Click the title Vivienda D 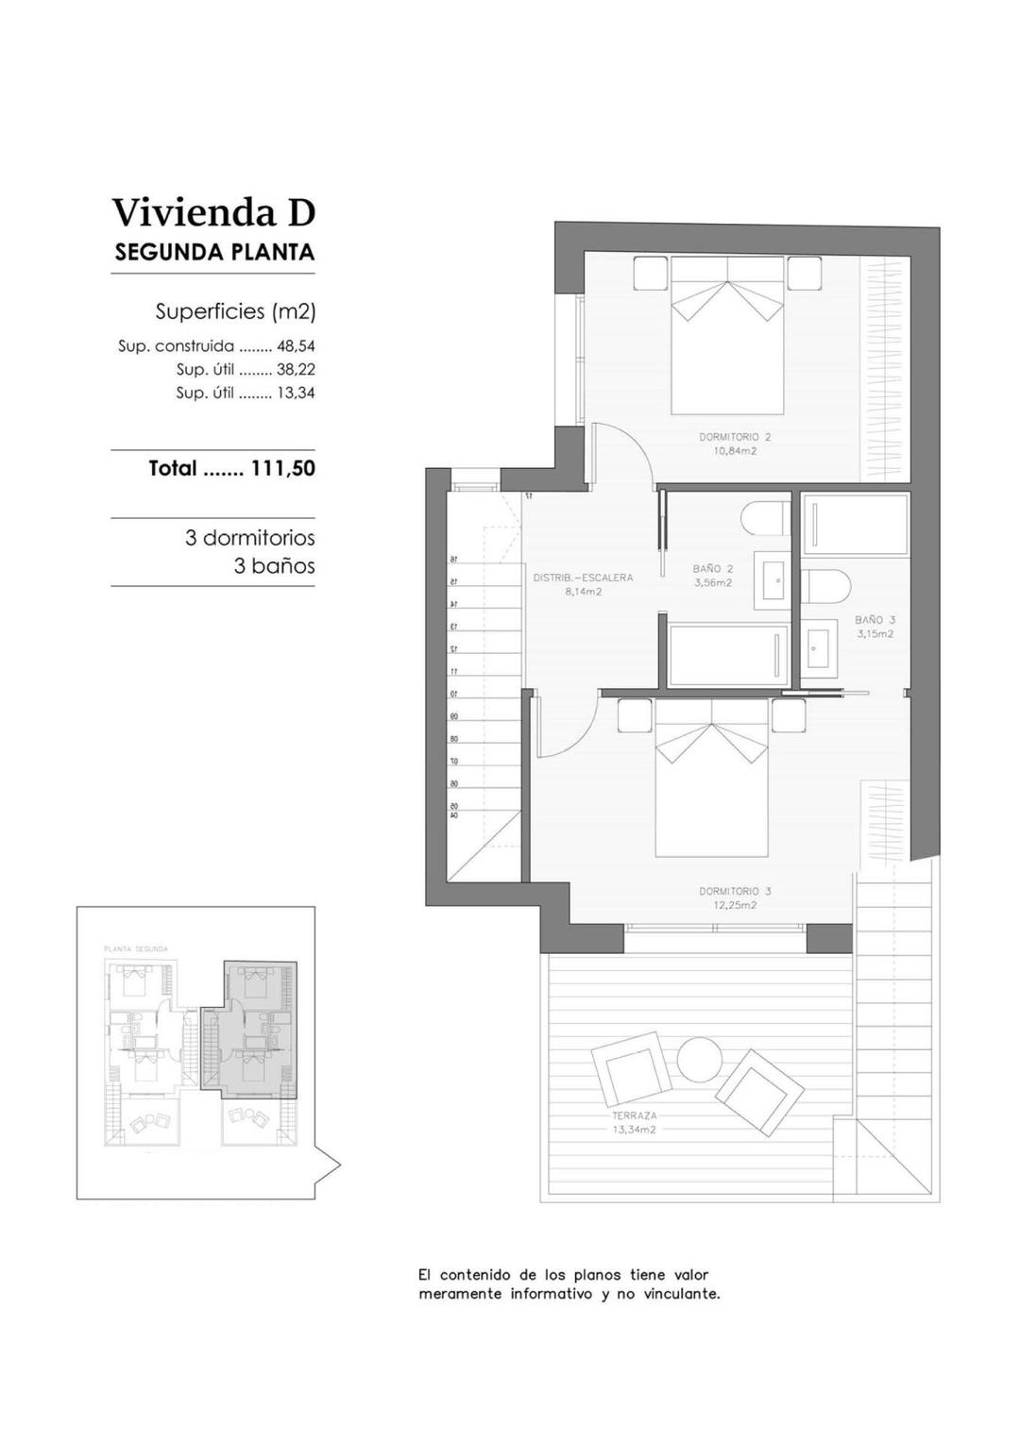(x=213, y=212)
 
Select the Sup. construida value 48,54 (x=296, y=346)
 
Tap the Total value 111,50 (x=282, y=468)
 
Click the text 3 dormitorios (x=249, y=538)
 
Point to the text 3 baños (x=274, y=566)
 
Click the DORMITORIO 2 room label (x=735, y=437)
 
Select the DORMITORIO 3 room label (x=735, y=891)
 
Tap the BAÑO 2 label (x=713, y=569)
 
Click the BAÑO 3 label (x=875, y=620)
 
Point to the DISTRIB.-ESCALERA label (x=583, y=578)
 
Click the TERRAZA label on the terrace (x=634, y=1115)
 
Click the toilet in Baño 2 (x=764, y=519)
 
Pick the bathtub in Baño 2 (x=727, y=655)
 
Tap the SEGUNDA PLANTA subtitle (x=214, y=252)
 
